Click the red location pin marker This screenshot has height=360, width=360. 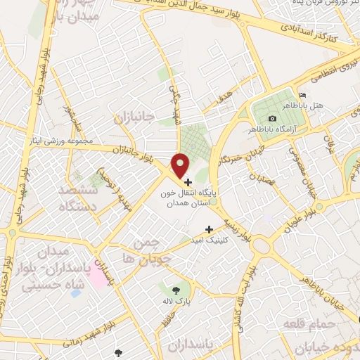coord(181,165)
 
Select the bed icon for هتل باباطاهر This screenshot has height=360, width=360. coord(302,95)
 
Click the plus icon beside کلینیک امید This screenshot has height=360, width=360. coord(209,229)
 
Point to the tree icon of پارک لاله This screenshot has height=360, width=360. coord(175,289)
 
